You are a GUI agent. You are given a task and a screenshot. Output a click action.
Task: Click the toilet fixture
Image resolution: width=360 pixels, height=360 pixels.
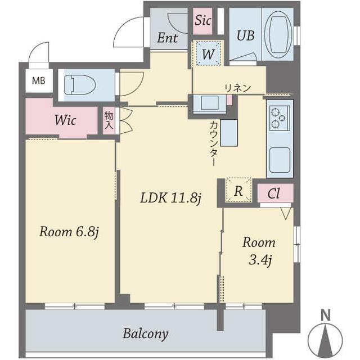tap(80, 85)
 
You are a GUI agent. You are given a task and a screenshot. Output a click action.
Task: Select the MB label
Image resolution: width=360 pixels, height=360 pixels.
tap(39, 81)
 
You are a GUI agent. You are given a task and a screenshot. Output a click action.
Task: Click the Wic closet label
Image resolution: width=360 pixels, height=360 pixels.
tap(65, 120)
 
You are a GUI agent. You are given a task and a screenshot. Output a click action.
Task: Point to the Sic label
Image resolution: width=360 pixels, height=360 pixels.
tap(203, 20)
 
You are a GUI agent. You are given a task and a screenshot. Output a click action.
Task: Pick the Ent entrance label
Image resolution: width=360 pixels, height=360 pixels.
tap(168, 38)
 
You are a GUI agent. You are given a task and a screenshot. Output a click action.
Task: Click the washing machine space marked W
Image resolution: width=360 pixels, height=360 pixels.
tap(208, 53)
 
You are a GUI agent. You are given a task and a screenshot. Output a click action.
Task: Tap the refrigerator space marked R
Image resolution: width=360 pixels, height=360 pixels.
tap(238, 190)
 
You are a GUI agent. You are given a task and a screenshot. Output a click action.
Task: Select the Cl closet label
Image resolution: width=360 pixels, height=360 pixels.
tap(273, 193)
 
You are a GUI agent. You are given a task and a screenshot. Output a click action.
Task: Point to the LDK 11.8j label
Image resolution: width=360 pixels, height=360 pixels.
tap(171, 198)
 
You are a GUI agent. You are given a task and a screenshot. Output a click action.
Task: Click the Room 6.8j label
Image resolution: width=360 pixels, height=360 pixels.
tap(69, 232)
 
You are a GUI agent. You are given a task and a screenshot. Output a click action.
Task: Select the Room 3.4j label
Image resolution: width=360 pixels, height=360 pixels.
tap(259, 251)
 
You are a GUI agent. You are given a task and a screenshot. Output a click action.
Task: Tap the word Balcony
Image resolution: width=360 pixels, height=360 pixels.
tap(146, 334)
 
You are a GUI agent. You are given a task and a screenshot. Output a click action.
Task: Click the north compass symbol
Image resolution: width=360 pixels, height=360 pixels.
tap(326, 337)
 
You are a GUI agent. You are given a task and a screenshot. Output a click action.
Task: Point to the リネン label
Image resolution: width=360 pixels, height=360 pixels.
tap(237, 88)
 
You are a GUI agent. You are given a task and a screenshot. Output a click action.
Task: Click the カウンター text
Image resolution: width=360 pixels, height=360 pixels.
tap(214, 143)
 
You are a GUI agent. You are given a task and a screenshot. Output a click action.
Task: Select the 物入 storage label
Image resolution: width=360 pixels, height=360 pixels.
tap(109, 120)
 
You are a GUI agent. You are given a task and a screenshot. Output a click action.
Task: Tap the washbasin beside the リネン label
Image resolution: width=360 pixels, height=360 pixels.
tap(210, 103)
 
